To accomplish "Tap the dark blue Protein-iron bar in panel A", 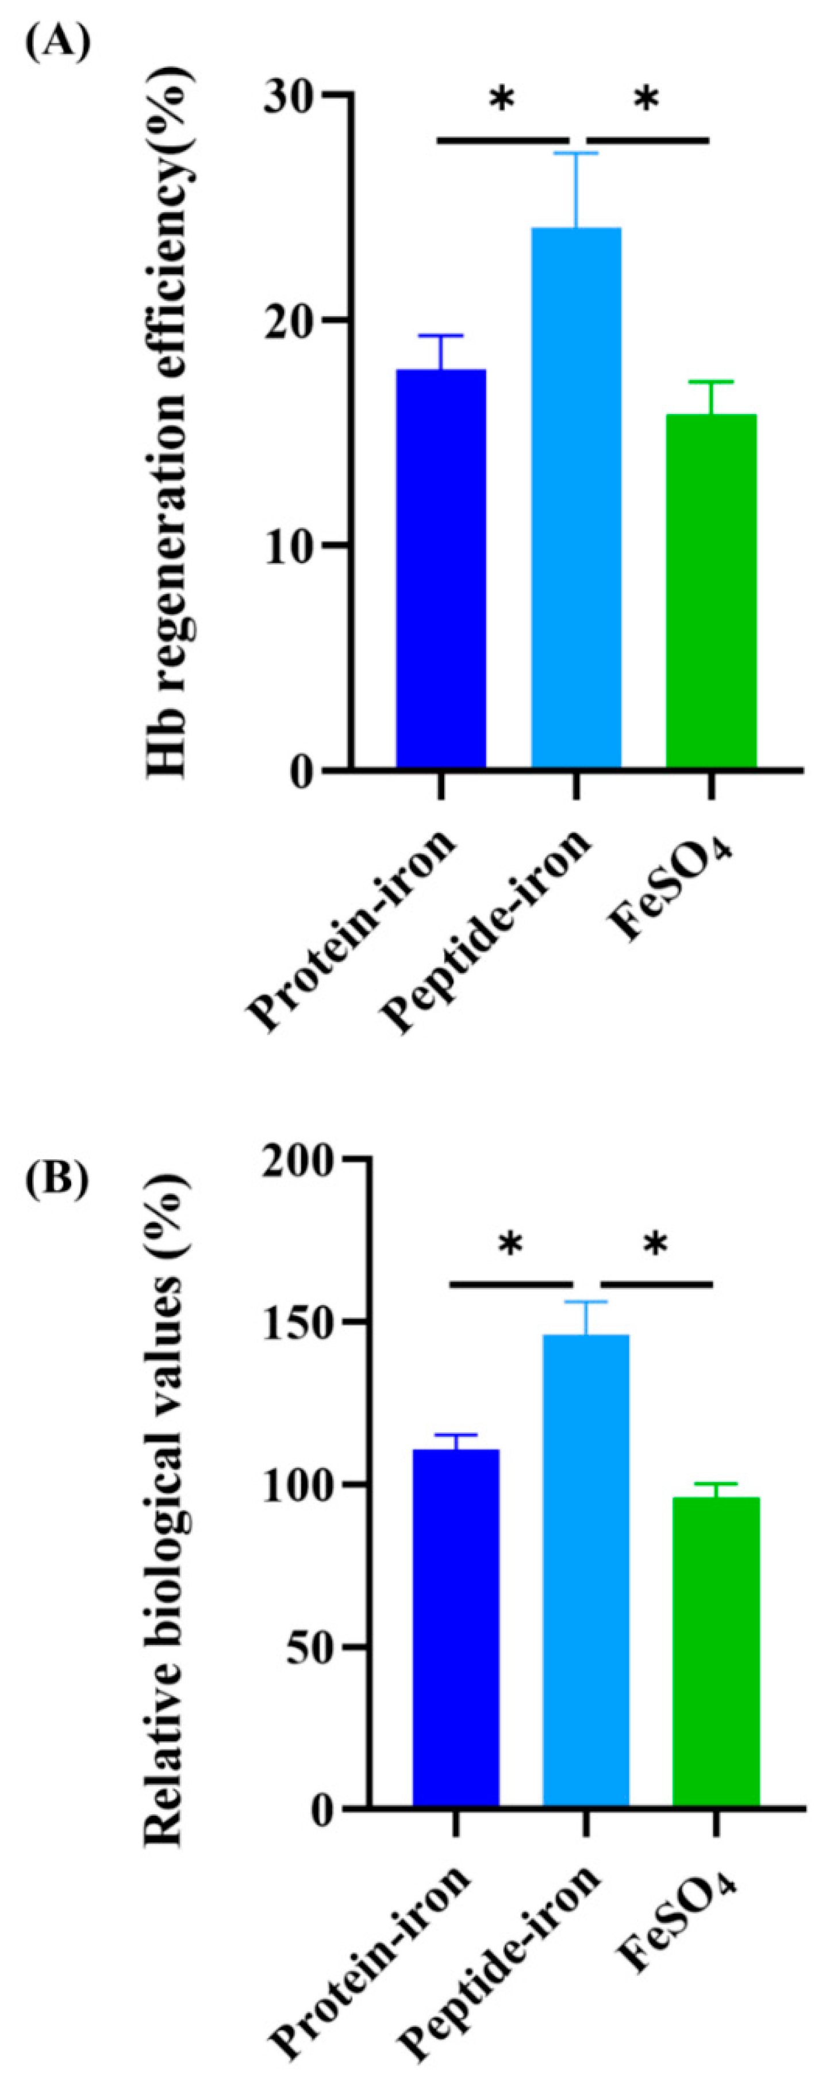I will pyautogui.click(x=441, y=568).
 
